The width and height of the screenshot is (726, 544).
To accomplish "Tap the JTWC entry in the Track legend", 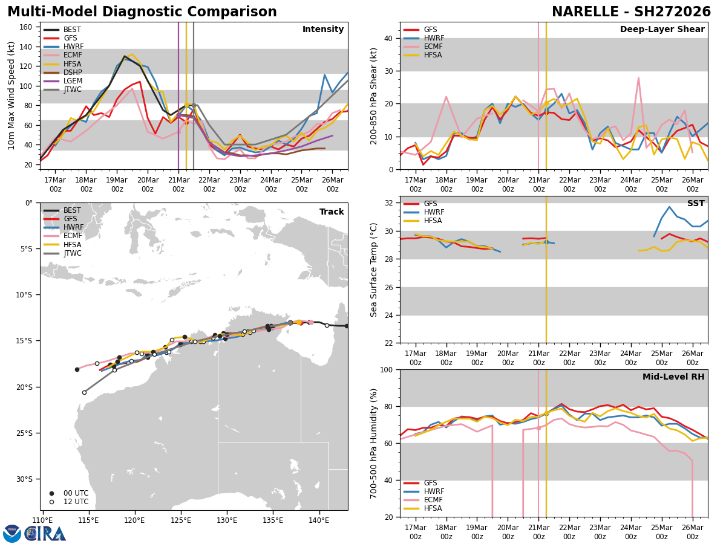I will click(72, 253).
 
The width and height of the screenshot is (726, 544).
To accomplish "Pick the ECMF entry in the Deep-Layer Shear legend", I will click(432, 47).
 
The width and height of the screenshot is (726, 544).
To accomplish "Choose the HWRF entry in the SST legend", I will click(434, 212).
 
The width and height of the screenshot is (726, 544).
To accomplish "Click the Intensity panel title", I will click(323, 30).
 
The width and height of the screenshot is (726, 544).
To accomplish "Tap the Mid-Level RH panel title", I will click(673, 377).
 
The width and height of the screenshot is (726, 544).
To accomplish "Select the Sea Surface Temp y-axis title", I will click(374, 270).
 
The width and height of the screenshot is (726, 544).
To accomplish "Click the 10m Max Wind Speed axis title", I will click(11, 96).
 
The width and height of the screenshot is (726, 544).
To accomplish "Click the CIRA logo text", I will click(46, 533).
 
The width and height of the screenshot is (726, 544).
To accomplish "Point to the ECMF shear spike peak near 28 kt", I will click(638, 77).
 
